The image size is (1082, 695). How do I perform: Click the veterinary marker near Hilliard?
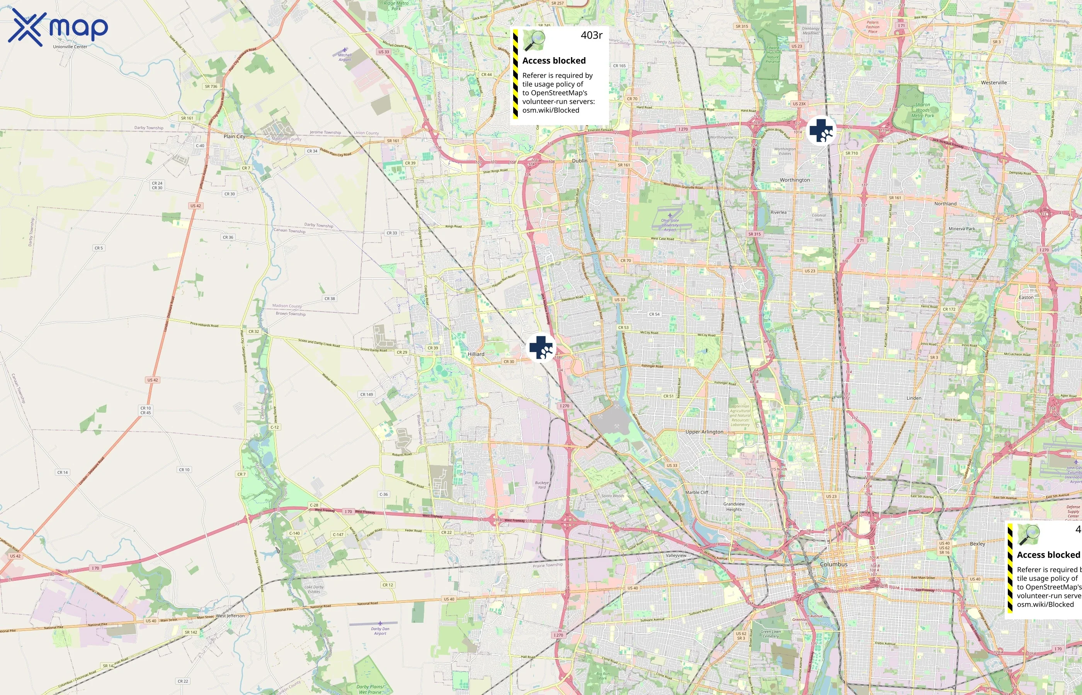tap(541, 348)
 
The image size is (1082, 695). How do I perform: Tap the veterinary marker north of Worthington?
tap(821, 131)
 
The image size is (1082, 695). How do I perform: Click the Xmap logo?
tap(58, 27)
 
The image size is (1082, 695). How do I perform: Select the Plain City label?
tap(235, 136)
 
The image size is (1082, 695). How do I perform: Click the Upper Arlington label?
tap(704, 432)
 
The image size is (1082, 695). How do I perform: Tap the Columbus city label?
tap(834, 564)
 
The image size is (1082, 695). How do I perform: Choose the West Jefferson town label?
tap(230, 615)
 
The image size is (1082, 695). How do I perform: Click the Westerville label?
tap(994, 83)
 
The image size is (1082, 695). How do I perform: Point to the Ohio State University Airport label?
tap(670, 225)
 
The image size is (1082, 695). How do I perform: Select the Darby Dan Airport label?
tap(380, 631)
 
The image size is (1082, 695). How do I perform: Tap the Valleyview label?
tap(675, 556)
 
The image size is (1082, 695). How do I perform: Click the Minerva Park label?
tap(961, 229)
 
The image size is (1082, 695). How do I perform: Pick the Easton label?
tap(1026, 297)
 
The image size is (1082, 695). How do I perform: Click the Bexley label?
tap(977, 544)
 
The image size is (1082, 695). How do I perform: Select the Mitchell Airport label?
tap(345, 57)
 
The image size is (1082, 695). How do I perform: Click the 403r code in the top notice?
tap(591, 35)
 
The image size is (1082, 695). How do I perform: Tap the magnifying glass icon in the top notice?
tap(534, 41)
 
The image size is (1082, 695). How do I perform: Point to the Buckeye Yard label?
tap(542, 485)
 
